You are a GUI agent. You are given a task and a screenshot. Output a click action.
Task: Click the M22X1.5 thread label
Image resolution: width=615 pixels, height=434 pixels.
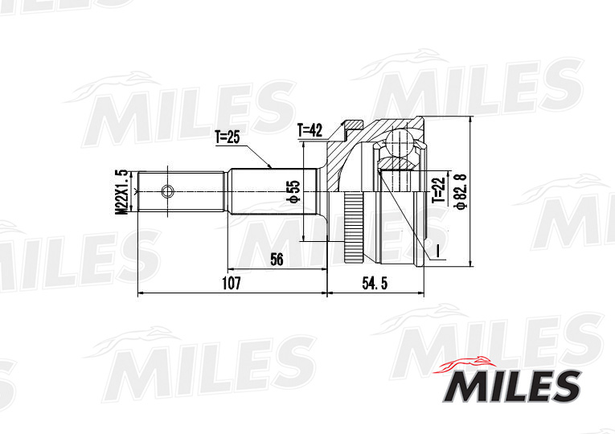[x=121, y=191]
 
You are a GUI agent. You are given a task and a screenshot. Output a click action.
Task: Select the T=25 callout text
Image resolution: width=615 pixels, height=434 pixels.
[x=228, y=137]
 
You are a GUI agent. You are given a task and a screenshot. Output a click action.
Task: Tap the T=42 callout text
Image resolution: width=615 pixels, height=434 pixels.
[x=310, y=129]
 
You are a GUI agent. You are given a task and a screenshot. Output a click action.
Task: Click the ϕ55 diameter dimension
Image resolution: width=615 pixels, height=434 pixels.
[x=294, y=190]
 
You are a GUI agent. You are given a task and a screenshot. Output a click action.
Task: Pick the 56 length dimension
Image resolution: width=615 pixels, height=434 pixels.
[x=277, y=259]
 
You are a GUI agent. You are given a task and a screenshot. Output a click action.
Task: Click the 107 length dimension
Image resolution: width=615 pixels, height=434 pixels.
[x=232, y=284]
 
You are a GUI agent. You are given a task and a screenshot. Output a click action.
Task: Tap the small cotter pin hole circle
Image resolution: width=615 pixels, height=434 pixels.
[x=167, y=191]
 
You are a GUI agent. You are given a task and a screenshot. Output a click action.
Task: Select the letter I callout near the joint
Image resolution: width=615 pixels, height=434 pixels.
[x=438, y=252]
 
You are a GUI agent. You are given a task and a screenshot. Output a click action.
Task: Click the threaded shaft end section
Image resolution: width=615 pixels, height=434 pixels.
[x=181, y=191]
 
